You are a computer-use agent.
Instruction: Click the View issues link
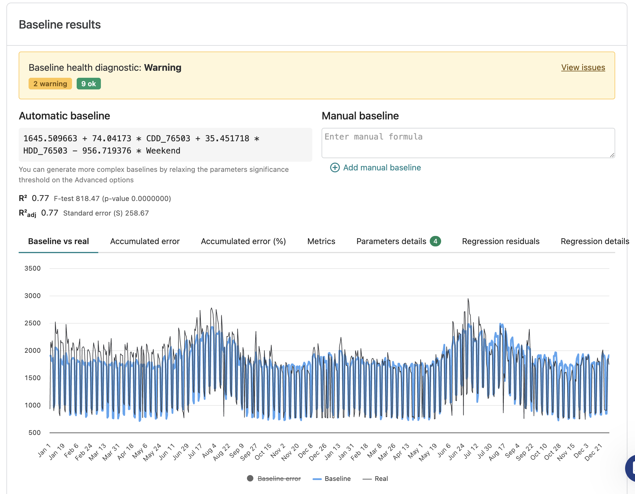tap(583, 67)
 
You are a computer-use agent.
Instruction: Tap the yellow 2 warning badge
tap(50, 84)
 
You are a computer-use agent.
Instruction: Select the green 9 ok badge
tap(89, 84)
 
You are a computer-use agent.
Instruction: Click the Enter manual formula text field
tap(468, 143)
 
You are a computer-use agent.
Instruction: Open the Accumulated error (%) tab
tap(243, 241)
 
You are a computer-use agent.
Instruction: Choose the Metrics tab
tap(321, 241)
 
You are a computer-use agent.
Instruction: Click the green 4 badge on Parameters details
tap(435, 241)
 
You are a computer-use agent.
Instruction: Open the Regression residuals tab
tap(501, 241)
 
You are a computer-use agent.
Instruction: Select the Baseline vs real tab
tap(59, 241)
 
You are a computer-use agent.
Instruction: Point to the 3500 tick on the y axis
tap(33, 268)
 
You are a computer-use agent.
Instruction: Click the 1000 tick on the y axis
tap(33, 405)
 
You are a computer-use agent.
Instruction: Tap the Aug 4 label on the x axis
tap(209, 451)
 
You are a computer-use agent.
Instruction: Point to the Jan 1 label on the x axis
tap(44, 450)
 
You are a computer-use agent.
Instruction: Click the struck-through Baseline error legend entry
tap(274, 479)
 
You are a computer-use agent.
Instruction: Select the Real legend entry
tap(375, 479)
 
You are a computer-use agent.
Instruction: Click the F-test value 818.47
tap(88, 199)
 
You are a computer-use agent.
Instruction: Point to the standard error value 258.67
tap(137, 213)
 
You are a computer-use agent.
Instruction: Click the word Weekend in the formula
tap(163, 151)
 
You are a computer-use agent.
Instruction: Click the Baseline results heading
tap(60, 24)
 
